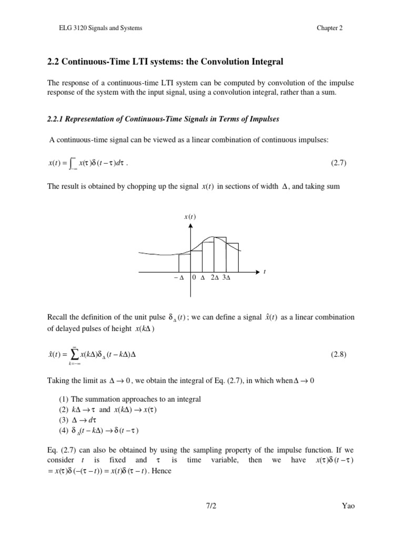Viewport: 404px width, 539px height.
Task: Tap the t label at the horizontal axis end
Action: click(265, 272)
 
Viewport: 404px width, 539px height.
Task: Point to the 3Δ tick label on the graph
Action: click(227, 278)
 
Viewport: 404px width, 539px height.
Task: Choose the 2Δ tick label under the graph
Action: click(214, 278)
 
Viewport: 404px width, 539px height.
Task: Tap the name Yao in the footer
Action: click(348, 506)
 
